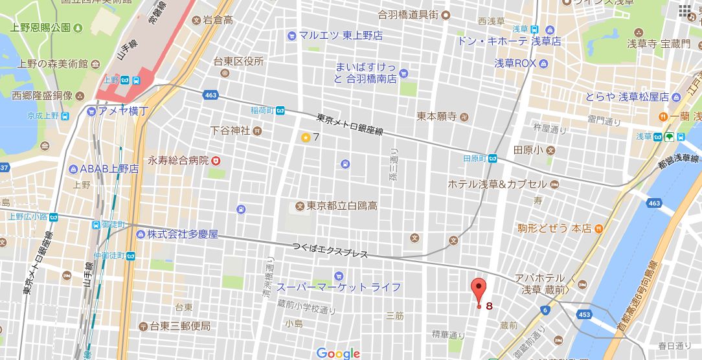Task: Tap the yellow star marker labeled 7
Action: (x=305, y=137)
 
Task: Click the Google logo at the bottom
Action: (x=338, y=353)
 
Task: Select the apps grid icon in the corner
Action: (x=685, y=11)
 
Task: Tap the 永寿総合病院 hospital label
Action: (x=178, y=160)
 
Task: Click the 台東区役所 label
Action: (x=238, y=62)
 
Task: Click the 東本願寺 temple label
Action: (x=437, y=117)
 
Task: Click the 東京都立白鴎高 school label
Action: (x=342, y=206)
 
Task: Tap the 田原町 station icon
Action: (x=493, y=159)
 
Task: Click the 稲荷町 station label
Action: (x=262, y=110)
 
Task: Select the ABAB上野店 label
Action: (x=109, y=169)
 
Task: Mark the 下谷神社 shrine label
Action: (x=230, y=131)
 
